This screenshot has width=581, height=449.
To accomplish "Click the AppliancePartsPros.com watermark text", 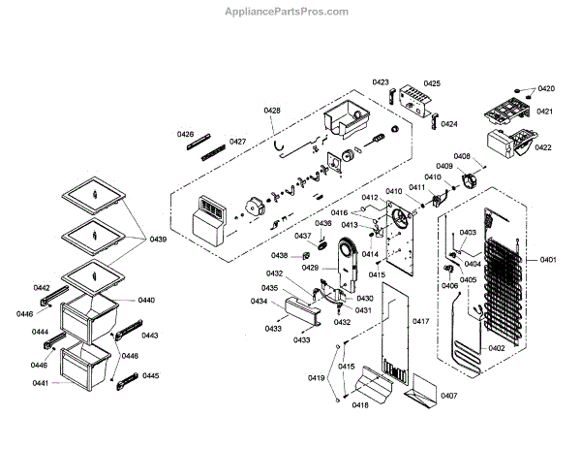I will point(291,12).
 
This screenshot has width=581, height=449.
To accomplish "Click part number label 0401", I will point(548,260).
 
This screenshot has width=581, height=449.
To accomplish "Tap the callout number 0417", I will point(420,320).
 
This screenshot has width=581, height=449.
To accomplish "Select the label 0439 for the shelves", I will point(157,239).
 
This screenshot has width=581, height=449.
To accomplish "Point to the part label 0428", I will point(272,112).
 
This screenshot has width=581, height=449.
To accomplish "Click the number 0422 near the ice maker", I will point(542,147).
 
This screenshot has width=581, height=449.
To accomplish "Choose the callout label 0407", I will point(448,396).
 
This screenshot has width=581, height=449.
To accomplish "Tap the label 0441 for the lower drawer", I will point(41,384).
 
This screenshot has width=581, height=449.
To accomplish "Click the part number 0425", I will point(431,83).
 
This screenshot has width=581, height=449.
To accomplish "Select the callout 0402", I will point(496,348).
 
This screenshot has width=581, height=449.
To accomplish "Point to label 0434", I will point(259,302).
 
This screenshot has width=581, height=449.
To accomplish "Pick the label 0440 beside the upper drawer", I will point(145,301).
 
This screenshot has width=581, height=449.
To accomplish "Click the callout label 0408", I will point(462,156).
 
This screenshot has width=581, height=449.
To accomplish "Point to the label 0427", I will point(237,143).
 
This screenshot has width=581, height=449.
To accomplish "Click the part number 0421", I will point(544,112).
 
